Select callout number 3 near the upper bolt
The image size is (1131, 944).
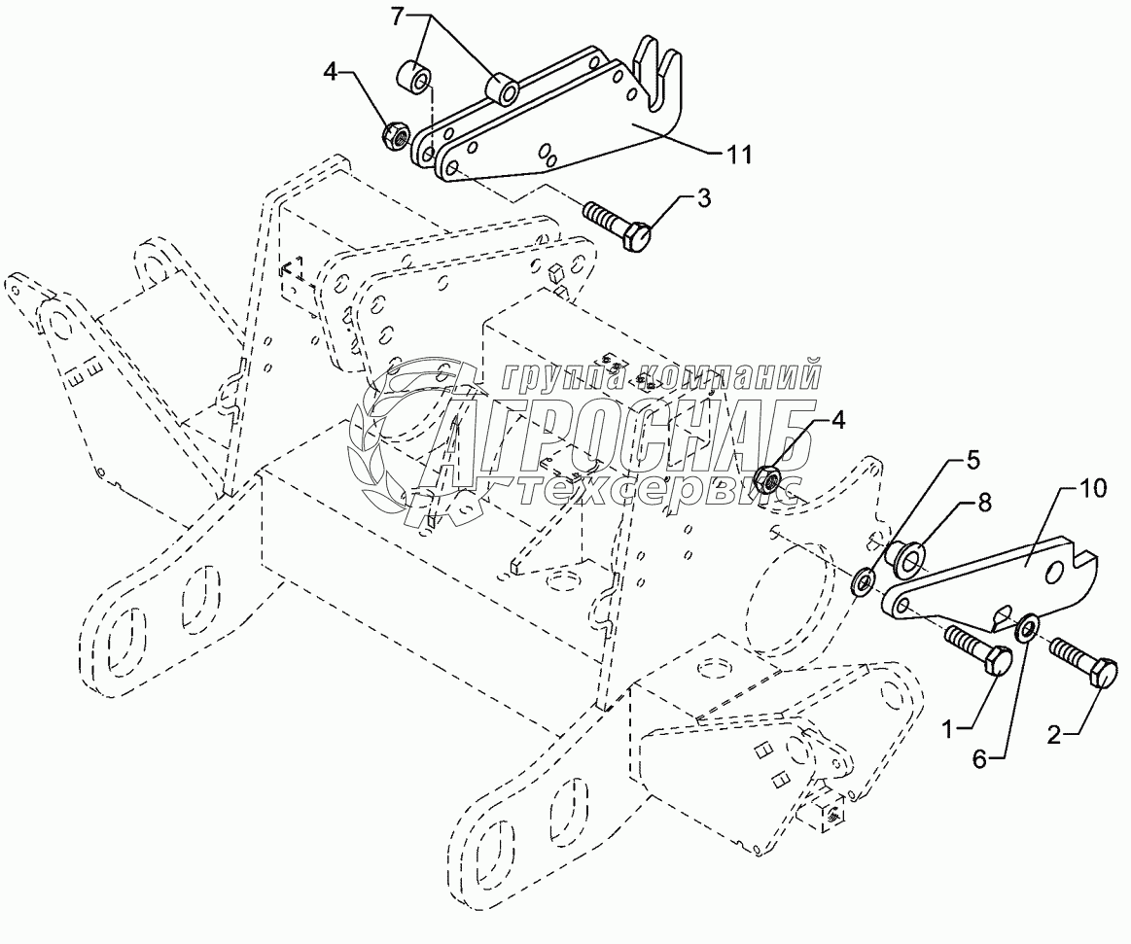(x=702, y=197)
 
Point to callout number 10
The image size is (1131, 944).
(x=1093, y=488)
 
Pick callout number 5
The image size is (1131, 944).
(x=973, y=460)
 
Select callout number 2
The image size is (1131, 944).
(x=1054, y=735)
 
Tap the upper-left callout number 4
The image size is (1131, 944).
(x=331, y=72)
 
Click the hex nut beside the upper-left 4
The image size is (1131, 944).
(x=395, y=135)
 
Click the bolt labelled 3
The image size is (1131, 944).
(x=618, y=223)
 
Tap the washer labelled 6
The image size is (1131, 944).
(x=1027, y=625)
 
